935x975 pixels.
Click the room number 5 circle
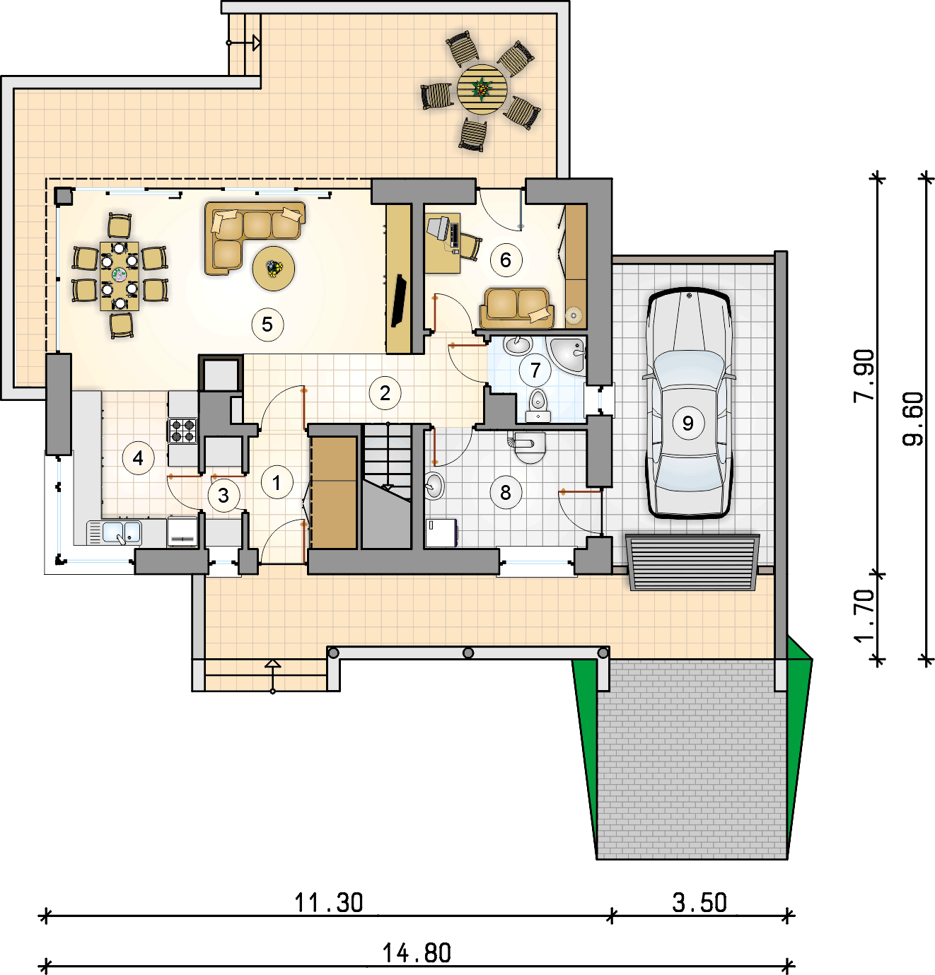click(x=267, y=325)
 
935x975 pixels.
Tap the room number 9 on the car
click(x=688, y=423)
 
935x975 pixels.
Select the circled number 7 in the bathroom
click(x=535, y=370)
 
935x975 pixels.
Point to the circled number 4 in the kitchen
click(x=139, y=458)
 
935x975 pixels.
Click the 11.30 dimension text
click(x=329, y=902)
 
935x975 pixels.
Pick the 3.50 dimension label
click(x=699, y=902)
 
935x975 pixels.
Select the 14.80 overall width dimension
click(x=417, y=952)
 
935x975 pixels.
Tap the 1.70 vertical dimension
click(x=864, y=617)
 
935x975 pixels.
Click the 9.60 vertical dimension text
click(x=913, y=419)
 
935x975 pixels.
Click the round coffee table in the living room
click(x=274, y=268)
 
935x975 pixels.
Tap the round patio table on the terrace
click(x=482, y=89)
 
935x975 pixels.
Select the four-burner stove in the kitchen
click(x=182, y=431)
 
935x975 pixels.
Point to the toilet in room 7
click(x=538, y=405)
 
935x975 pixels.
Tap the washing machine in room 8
click(x=441, y=532)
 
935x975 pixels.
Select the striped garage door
click(x=692, y=562)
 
